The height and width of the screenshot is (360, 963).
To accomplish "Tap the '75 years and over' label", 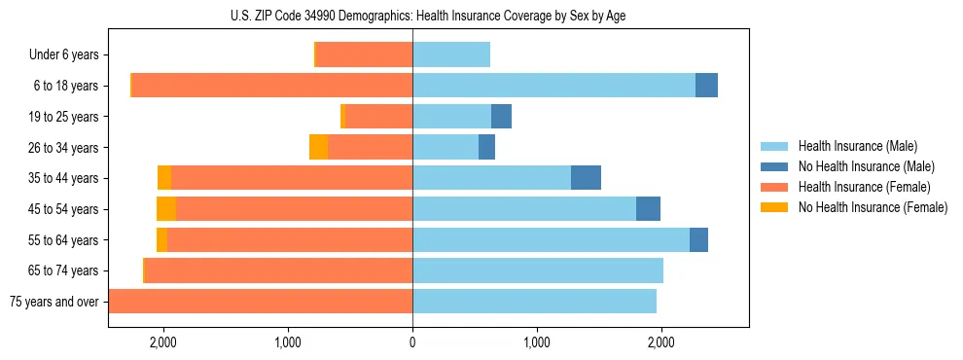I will tap(53, 302).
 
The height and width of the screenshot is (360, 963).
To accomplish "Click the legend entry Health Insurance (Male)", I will tap(852, 146).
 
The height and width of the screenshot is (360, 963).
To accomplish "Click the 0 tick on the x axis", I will tap(412, 342).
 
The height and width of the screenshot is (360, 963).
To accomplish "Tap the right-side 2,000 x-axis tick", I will tap(661, 342).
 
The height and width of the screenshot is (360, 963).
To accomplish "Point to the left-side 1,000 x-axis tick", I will tap(288, 342).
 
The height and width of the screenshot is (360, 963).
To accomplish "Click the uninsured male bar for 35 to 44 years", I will tap(586, 178).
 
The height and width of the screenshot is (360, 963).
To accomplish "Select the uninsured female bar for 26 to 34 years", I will tap(318, 147).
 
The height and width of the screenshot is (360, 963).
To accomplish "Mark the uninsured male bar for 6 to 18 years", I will tap(706, 86).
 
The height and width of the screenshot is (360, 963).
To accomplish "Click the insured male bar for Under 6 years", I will tap(451, 54).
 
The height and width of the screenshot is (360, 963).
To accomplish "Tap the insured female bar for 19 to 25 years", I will tap(379, 117).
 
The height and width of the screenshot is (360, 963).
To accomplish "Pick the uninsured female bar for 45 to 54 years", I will tap(166, 209).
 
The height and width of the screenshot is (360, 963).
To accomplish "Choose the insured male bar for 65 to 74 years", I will tap(538, 270).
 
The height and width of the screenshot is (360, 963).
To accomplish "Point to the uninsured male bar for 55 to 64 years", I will tap(698, 240).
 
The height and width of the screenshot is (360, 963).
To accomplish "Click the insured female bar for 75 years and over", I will tap(261, 302).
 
